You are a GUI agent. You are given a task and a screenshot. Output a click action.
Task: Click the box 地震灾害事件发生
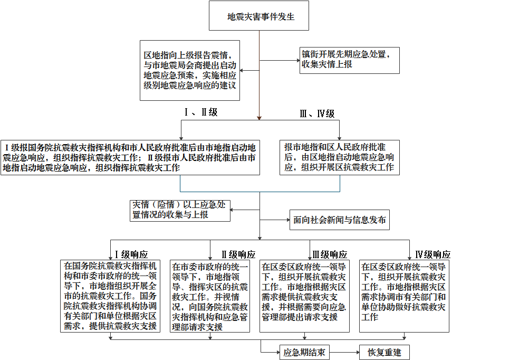[259, 15]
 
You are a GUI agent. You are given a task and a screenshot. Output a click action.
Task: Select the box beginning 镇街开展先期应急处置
[350, 60]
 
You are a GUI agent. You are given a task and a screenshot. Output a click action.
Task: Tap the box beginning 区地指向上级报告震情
[190, 71]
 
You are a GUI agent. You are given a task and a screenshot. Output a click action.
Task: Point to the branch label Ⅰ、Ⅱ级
[201, 112]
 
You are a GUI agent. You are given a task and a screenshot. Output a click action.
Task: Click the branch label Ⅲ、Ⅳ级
[317, 114]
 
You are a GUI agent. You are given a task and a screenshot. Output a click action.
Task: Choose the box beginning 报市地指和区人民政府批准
[340, 158]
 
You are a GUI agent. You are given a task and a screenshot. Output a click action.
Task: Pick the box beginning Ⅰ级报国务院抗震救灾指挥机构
[130, 158]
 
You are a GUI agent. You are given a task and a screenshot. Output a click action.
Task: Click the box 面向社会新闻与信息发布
[340, 220]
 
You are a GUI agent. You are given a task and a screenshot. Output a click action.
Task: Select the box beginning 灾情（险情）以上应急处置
[180, 211]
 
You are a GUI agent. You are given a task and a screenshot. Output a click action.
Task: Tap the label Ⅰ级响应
[131, 254]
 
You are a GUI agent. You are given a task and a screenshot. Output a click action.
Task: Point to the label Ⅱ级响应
[238, 254]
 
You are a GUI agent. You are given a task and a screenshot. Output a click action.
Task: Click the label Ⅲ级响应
[330, 254]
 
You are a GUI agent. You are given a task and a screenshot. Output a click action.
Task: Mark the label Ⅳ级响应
[433, 254]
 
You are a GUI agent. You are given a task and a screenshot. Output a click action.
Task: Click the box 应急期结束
[304, 353]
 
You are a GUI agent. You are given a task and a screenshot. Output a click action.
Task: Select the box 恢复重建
[385, 353]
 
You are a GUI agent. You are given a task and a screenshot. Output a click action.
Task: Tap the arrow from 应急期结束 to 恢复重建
[344, 353]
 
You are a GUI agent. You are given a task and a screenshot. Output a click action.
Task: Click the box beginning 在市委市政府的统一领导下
[210, 297]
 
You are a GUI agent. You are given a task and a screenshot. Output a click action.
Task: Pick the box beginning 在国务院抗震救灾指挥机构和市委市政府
[110, 297]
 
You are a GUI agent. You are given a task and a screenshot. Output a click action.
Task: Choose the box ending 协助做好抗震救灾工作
[404, 297]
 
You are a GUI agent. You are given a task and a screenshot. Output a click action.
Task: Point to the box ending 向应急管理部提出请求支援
[304, 297]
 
